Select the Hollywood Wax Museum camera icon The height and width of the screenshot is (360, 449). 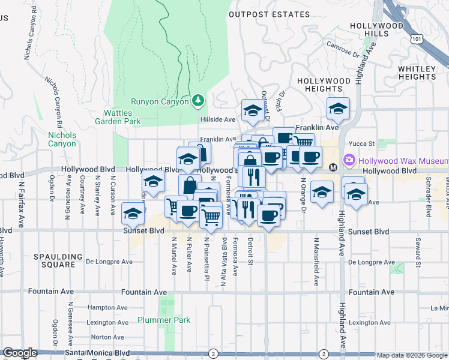(x=349, y=160)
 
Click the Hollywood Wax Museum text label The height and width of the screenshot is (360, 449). (x=403, y=160)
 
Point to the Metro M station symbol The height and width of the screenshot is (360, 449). (x=333, y=166)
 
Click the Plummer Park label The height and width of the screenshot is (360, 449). (x=164, y=320)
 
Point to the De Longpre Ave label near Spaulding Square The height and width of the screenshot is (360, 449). (x=109, y=262)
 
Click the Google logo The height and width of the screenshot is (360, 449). (x=20, y=353)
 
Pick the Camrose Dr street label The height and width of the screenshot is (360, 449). (x=343, y=50)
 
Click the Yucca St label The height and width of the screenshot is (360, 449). (x=362, y=144)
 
